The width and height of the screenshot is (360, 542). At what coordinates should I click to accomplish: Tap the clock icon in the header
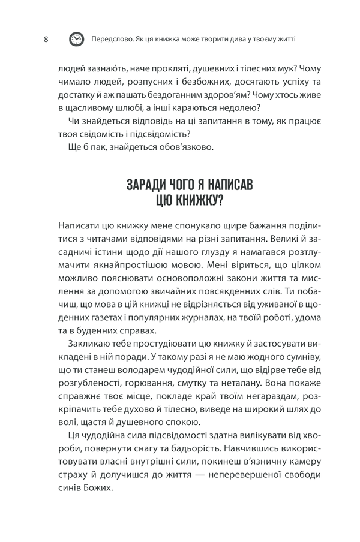(x=77, y=40)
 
